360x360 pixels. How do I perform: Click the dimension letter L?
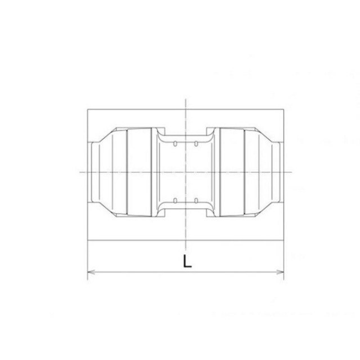click(x=187, y=261)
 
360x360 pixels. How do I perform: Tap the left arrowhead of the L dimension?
click(x=91, y=272)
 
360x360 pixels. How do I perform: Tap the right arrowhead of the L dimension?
click(x=280, y=272)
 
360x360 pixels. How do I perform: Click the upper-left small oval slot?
click(x=175, y=144)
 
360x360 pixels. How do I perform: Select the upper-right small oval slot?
click(x=196, y=144)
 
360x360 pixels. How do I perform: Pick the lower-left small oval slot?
click(x=175, y=201)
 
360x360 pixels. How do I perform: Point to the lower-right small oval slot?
click(x=196, y=201)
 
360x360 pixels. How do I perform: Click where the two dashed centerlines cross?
click(x=186, y=172)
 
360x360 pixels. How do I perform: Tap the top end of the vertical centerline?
click(x=186, y=99)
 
